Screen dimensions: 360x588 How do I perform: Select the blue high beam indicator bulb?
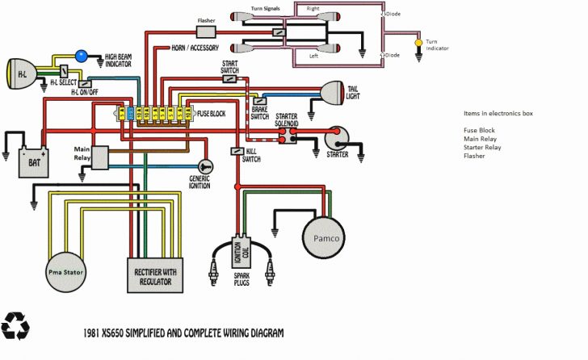(81, 56)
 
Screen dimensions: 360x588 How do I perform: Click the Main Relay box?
(101, 157)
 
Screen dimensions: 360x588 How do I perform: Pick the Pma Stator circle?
(65, 270)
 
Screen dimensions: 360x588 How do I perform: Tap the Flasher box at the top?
(206, 31)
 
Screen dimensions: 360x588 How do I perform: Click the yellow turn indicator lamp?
(418, 42)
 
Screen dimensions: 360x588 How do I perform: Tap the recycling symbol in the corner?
(15, 325)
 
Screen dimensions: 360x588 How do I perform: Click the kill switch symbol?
(237, 151)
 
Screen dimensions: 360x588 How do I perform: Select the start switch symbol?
(230, 79)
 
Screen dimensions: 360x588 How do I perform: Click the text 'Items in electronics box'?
(498, 114)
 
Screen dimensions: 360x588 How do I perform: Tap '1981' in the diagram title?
(94, 332)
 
